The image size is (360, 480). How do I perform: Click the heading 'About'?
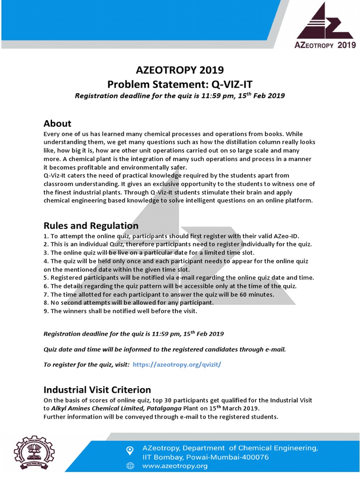(x=57, y=123)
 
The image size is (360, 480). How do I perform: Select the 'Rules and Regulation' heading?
(x=91, y=225)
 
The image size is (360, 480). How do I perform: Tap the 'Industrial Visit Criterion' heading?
(x=97, y=390)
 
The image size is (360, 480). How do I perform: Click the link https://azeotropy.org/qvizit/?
(x=177, y=364)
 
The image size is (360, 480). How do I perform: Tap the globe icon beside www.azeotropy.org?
(x=130, y=466)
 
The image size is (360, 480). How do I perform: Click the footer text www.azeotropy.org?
(x=174, y=465)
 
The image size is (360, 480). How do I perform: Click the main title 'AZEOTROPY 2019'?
(x=180, y=70)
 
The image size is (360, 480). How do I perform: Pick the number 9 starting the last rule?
(x=45, y=311)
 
